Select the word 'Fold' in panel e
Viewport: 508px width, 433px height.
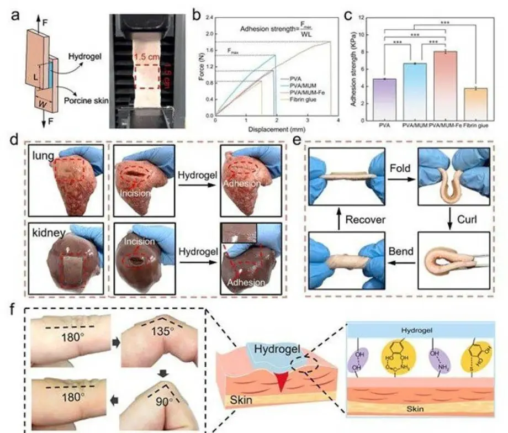click(400, 167)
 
